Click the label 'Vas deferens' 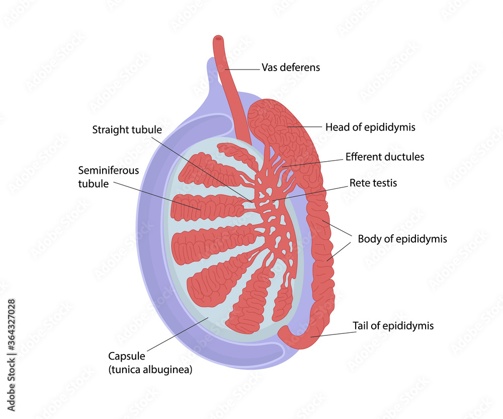(291, 67)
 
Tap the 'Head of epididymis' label (370, 127)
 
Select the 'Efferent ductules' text (385, 157)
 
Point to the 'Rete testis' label (373, 183)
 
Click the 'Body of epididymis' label (402, 239)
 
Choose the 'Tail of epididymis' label (393, 325)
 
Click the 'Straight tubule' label (127, 130)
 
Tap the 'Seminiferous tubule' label (109, 177)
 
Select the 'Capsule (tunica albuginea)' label (150, 363)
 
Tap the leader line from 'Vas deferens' (242, 69)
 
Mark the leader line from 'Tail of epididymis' (333, 334)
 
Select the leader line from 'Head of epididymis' (305, 127)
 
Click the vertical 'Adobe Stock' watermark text (11, 384)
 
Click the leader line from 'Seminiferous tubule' (157, 196)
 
